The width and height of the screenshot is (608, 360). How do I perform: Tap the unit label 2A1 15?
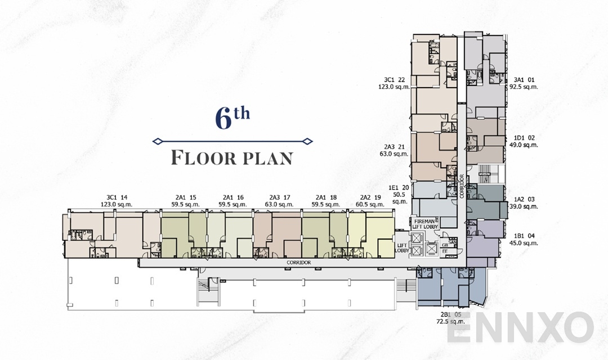(x=185, y=197)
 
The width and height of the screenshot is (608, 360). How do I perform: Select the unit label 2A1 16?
(x=233, y=197)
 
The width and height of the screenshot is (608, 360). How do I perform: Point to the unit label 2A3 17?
(x=280, y=197)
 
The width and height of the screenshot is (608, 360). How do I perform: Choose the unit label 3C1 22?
(x=395, y=80)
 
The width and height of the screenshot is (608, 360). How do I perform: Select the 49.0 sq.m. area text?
(x=524, y=145)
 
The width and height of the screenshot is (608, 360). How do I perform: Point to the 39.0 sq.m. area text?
(x=524, y=207)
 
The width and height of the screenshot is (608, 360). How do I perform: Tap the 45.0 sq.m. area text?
(x=524, y=243)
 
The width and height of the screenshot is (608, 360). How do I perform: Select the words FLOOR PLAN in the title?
(x=231, y=157)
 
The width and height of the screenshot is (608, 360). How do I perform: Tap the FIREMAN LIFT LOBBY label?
(x=425, y=224)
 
